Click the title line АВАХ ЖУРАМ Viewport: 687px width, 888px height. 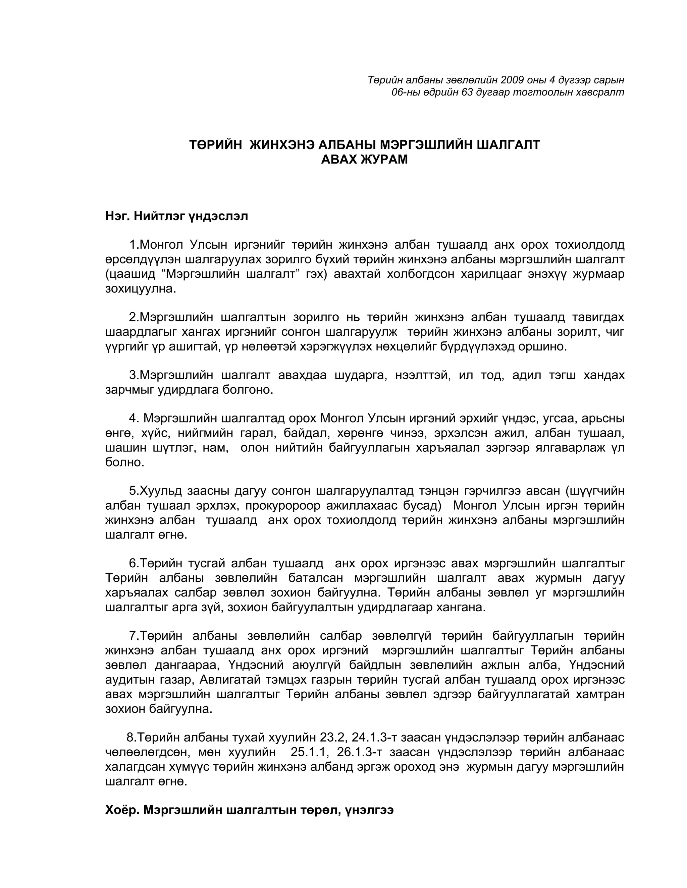click(364, 160)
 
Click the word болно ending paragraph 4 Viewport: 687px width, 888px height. click(124, 462)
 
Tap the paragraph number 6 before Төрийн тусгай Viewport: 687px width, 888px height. click(132, 564)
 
